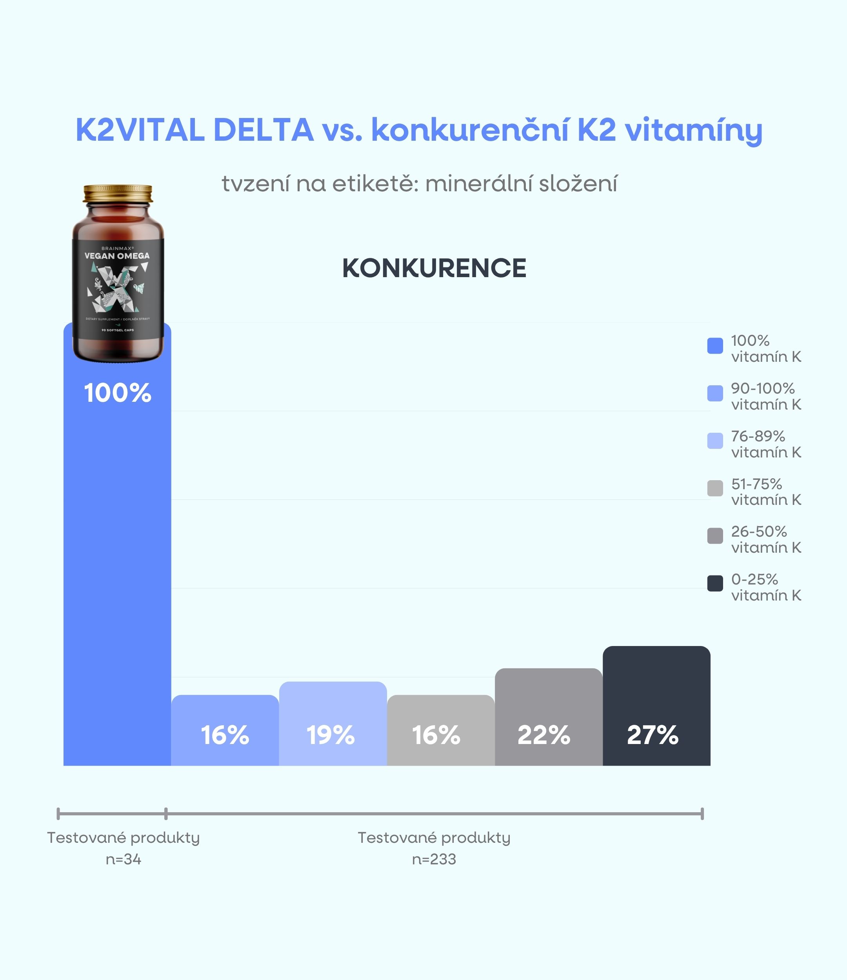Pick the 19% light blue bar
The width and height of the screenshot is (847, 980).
coord(333,724)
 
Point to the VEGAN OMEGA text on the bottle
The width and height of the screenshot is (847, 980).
coord(117,256)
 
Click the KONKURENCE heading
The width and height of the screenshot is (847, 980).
coord(434,268)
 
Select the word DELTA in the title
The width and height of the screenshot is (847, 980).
coord(263,130)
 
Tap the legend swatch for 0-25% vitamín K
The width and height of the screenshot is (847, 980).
coord(714,583)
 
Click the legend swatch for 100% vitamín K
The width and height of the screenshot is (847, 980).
coord(714,346)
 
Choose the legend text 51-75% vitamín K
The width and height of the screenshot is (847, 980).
coord(765,492)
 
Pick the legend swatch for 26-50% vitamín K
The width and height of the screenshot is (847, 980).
coord(714,536)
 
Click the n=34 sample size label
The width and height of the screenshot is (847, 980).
coord(124,859)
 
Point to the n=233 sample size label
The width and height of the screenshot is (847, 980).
coord(434,859)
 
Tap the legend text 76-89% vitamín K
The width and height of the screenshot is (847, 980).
coord(765,444)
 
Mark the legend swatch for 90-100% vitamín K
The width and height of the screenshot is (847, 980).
coord(714,393)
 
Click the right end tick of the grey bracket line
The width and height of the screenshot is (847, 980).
coord(702,814)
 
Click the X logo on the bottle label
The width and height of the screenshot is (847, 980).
coord(117,288)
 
